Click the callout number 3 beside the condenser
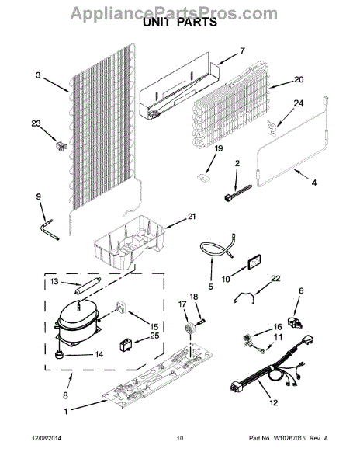click(x=38, y=75)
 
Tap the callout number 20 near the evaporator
click(x=299, y=80)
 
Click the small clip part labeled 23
click(x=61, y=146)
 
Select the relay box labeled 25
click(x=125, y=345)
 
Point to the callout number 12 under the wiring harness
click(x=273, y=402)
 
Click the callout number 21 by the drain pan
click(x=192, y=216)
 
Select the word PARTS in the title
click(x=197, y=23)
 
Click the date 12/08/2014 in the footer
click(x=47, y=438)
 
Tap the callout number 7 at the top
click(x=242, y=51)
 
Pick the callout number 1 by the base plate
click(x=66, y=412)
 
